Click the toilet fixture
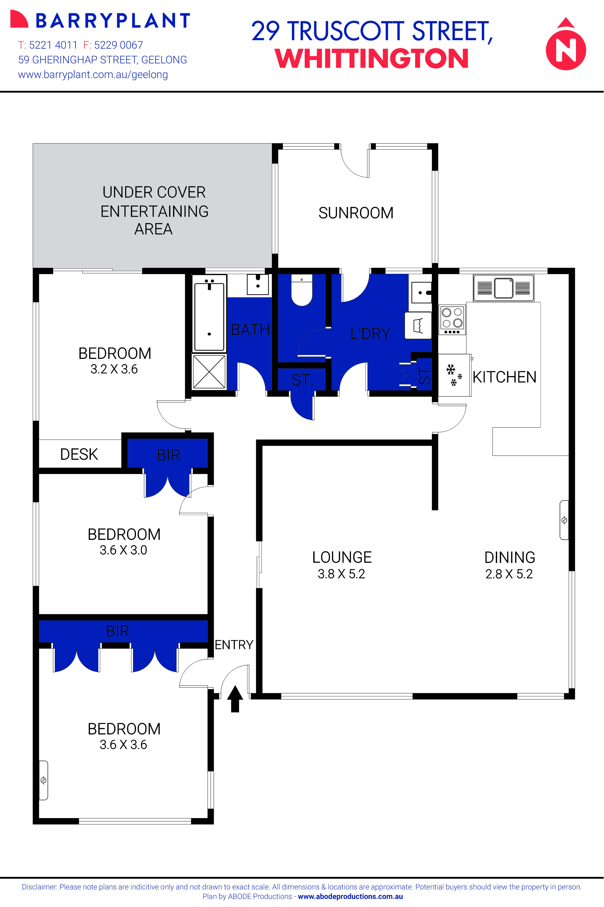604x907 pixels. (x=302, y=291)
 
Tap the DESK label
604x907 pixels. (x=79, y=454)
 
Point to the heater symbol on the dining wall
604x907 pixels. (x=564, y=520)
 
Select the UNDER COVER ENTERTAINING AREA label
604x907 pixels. (x=154, y=211)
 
